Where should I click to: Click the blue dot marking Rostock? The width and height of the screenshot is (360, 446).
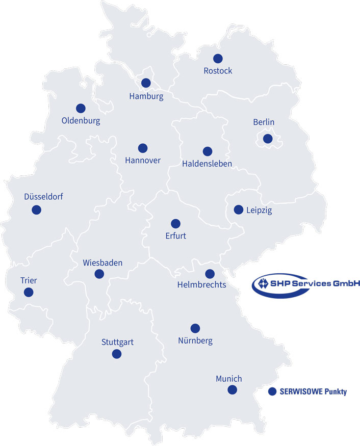pos(218,59)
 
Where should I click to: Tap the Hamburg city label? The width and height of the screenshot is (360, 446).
pos(146,96)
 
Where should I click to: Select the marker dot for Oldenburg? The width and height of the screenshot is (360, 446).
pos(81,108)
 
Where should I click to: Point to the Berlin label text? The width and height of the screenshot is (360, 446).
pos(264,122)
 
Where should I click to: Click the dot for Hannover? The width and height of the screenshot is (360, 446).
pos(143,148)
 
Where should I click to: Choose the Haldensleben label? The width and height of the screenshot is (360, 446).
pos(207,164)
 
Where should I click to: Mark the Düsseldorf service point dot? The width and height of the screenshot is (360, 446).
pos(36,209)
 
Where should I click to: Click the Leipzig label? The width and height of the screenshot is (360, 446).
pos(259,210)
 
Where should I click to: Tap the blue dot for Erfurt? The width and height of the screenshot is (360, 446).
pos(175,223)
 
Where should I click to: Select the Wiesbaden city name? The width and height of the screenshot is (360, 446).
pos(102,263)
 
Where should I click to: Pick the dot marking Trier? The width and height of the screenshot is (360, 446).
pos(29,292)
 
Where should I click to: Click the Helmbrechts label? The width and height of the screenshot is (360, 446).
pos(201,284)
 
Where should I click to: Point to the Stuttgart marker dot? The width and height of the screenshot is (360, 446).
pos(117,354)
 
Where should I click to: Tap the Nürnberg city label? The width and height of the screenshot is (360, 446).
pos(195,340)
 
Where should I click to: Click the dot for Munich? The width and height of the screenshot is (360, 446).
pos(233,390)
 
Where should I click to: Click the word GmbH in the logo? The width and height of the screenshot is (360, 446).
pos(347,283)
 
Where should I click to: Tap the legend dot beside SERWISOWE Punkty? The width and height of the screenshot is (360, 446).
pos(272,391)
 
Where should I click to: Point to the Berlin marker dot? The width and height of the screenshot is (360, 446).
pos(267,138)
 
